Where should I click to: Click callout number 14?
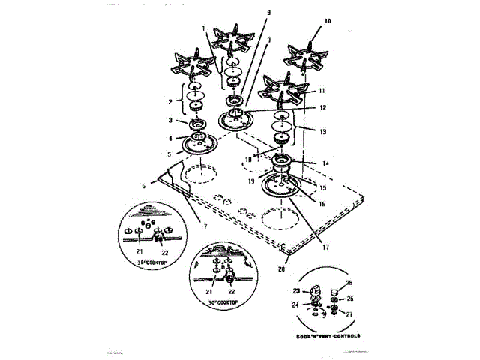pos(325,163)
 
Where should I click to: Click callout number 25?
pos(349,283)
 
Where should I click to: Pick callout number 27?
pos(349,313)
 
